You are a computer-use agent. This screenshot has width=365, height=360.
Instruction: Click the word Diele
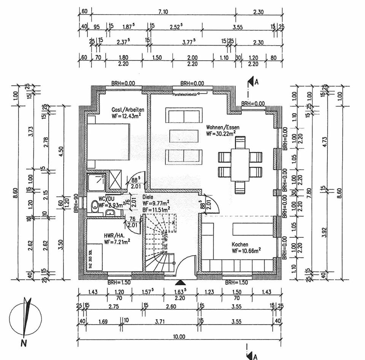click(x=148, y=197)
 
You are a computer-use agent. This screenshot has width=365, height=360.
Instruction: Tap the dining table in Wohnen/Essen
click(x=240, y=166)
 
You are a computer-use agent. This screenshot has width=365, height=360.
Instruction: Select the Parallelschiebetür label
click(x=184, y=93)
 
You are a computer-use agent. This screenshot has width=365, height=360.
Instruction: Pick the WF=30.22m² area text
click(x=221, y=133)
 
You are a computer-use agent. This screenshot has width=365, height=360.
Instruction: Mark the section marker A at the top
click(x=252, y=82)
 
